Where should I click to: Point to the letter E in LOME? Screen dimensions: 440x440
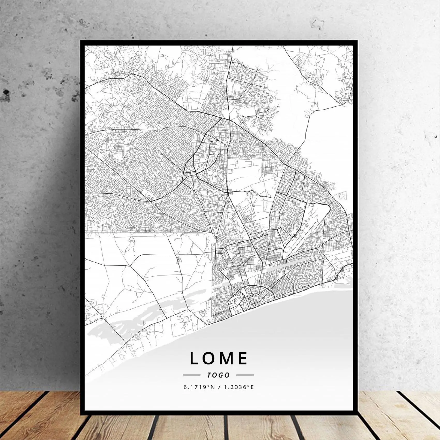[x=243, y=358]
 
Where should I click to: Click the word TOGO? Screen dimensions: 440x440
[x=218, y=375]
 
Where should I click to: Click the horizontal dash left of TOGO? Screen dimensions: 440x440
[x=191, y=375]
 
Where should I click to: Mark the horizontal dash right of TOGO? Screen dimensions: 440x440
[x=245, y=375]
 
